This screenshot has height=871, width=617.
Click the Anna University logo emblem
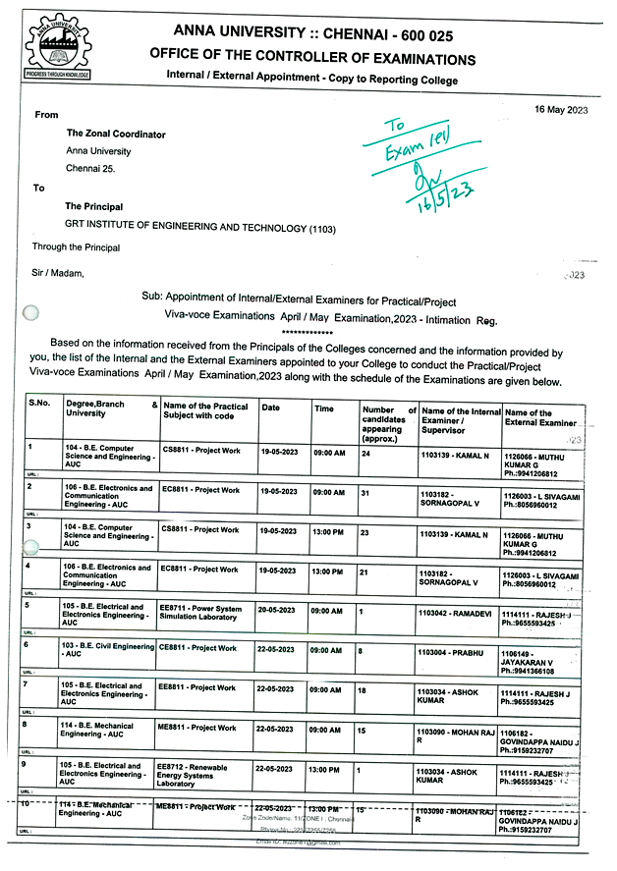coord(57,43)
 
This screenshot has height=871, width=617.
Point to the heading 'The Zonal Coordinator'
coord(116,134)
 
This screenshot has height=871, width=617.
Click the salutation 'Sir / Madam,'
coord(59,274)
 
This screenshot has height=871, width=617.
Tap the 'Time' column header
coord(324,408)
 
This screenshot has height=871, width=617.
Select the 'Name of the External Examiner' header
coord(540,418)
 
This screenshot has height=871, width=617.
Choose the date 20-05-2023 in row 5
coord(281,609)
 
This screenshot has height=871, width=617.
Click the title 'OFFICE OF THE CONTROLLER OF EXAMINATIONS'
coord(312,59)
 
